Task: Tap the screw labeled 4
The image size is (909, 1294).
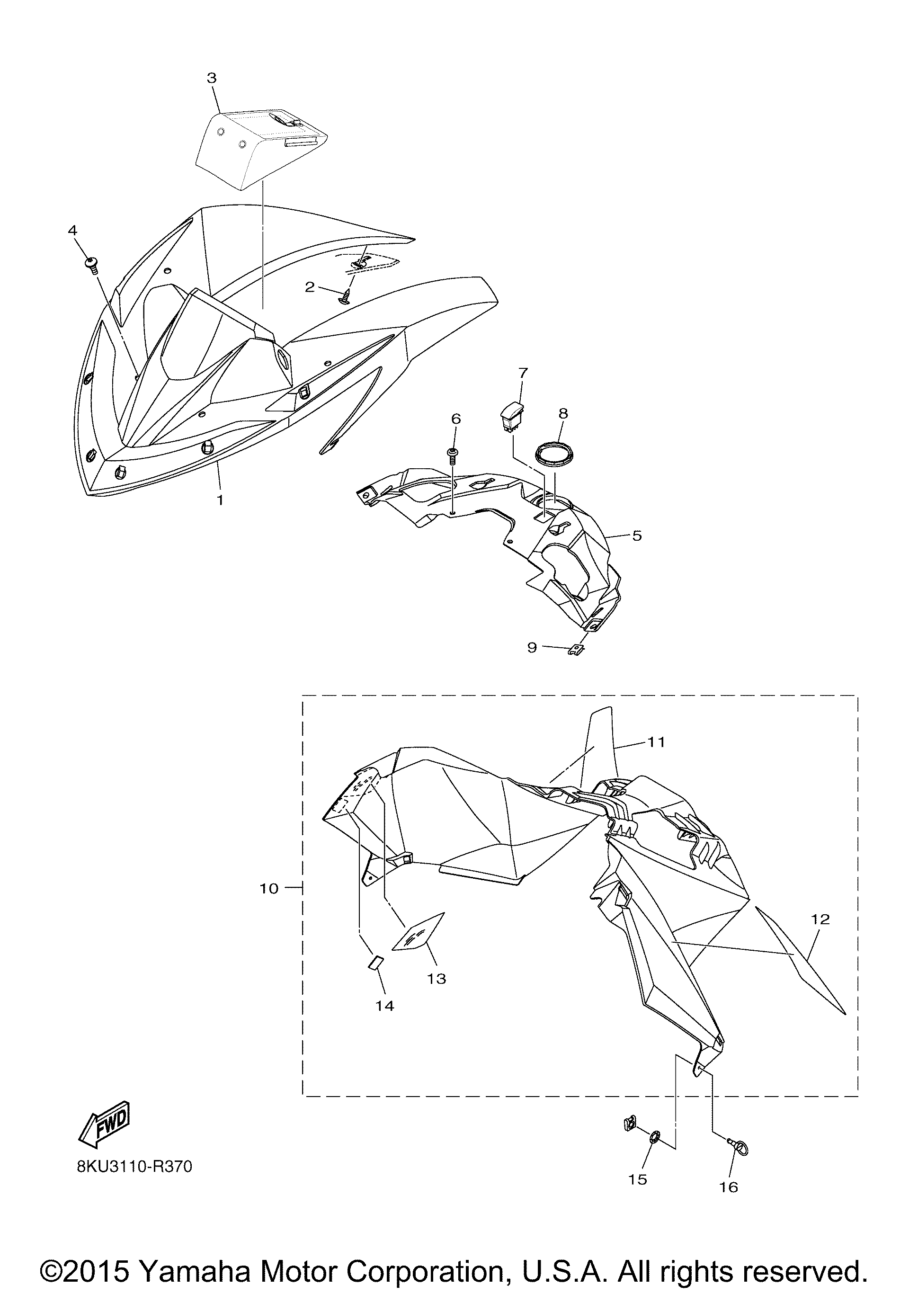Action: tap(91, 264)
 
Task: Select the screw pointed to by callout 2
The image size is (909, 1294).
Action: tap(345, 296)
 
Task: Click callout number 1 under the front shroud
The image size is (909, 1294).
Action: tap(220, 500)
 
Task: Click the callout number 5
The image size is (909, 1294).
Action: tap(637, 535)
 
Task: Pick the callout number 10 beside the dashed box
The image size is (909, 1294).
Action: tap(269, 888)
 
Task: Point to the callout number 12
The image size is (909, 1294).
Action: tap(820, 919)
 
